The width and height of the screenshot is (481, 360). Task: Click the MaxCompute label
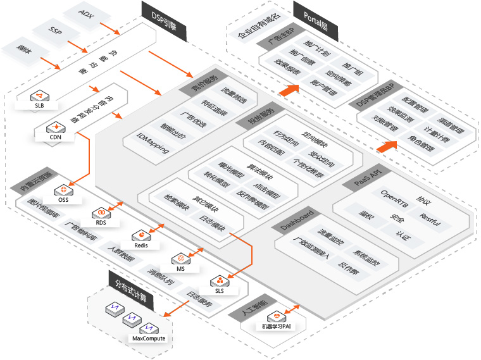(x=149, y=338)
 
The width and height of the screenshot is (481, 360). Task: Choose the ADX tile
(x=87, y=13)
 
